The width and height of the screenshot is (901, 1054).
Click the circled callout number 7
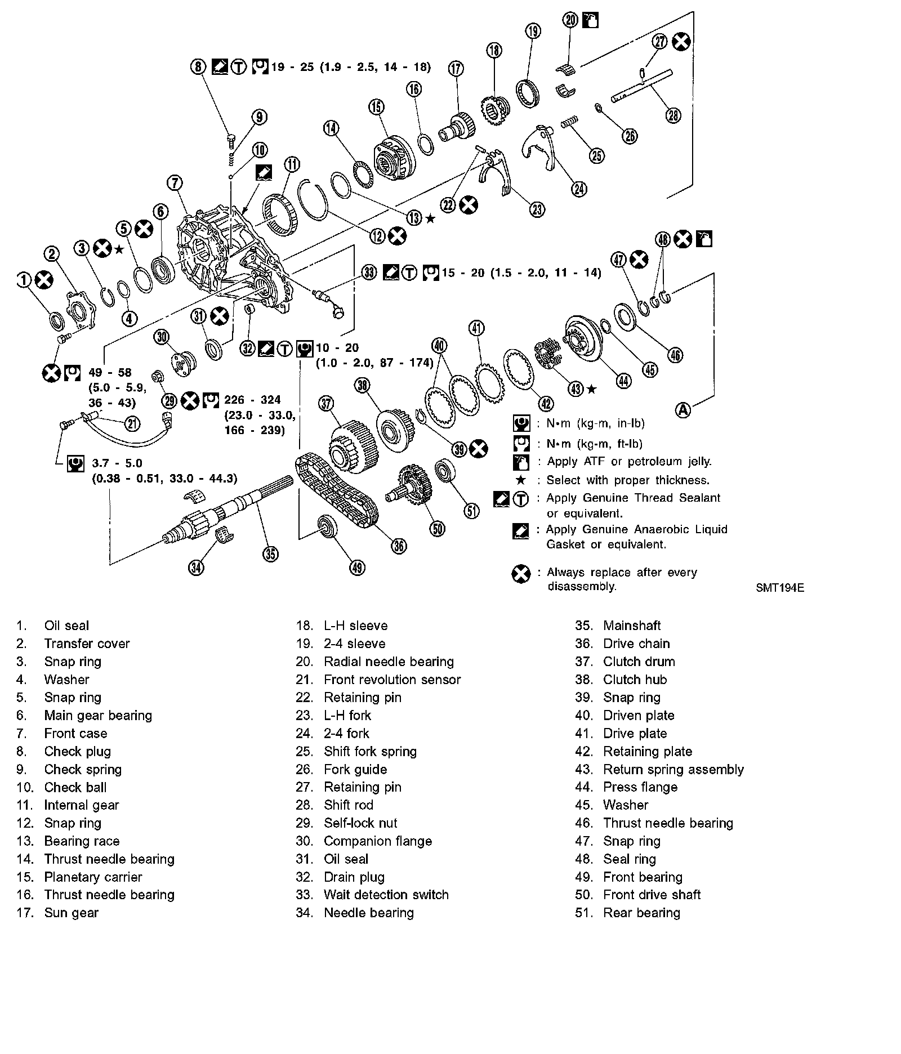[175, 183]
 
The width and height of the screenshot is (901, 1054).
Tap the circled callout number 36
[399, 545]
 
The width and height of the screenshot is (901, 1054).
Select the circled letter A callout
[683, 410]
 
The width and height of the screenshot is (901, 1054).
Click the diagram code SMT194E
[780, 588]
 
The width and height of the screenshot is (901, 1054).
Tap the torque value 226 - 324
[252, 400]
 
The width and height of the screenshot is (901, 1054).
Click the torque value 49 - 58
[110, 373]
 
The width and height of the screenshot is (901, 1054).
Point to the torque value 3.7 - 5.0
[117, 463]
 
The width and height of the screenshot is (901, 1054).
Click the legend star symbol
[521, 480]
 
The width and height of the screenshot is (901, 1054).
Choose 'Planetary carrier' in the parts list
[93, 877]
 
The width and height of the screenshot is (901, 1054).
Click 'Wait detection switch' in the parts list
[386, 895]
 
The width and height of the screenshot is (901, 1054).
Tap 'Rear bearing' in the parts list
[641, 913]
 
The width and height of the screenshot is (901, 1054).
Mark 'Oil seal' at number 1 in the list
[66, 626]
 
